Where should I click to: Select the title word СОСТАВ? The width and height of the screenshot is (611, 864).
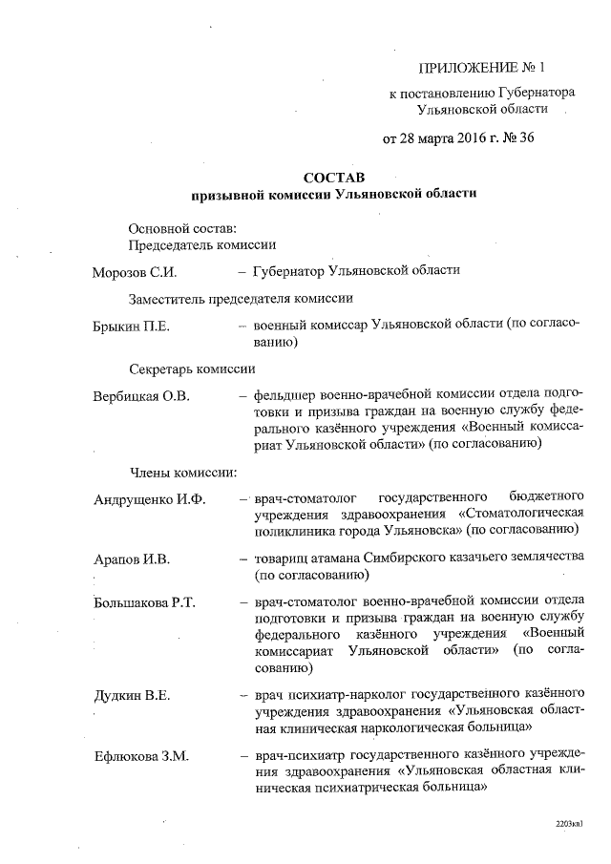click(x=333, y=177)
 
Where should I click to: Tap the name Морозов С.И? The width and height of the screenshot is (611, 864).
click(x=134, y=271)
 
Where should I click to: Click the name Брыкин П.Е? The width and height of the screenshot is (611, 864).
click(x=131, y=327)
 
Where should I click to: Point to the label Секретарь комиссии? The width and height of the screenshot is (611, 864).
click(x=191, y=368)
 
